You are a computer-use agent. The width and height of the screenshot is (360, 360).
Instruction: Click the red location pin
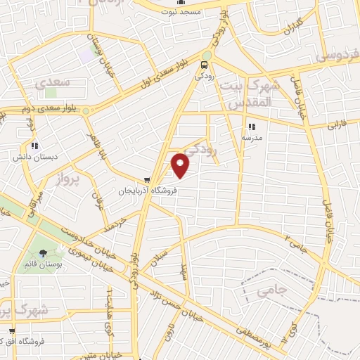tap(181, 166)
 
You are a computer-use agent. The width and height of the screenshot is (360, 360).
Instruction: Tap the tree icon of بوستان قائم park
tap(44, 253)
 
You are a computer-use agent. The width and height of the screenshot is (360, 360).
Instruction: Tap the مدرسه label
tap(252, 138)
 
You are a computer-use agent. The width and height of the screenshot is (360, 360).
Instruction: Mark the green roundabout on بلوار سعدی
tap(207, 56)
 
